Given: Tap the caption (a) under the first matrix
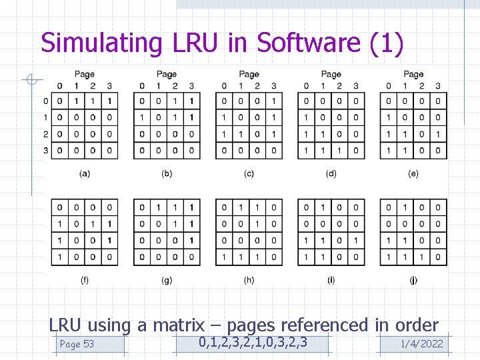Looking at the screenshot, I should coord(85,174).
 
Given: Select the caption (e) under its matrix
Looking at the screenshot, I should coord(413,174).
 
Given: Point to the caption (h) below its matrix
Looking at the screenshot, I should coord(249,281).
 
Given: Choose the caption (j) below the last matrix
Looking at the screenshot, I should coord(413,281).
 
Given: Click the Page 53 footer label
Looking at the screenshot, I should coord(77,344).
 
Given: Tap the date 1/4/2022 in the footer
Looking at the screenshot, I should coord(421,344).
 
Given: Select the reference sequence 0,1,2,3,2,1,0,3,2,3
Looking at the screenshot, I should coord(254,343).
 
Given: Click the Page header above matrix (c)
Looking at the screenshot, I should coord(249,74).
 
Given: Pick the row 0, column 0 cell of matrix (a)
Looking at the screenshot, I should coord(60,101).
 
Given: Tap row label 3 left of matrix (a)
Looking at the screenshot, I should coord(46,151).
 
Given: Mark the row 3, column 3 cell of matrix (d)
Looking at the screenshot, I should coord(355,151).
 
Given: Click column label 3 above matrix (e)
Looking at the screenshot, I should coord(438,85).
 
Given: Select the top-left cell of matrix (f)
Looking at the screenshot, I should coord(60,207).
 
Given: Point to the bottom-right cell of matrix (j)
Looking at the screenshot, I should coord(438,257).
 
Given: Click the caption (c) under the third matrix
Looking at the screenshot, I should coord(249,174).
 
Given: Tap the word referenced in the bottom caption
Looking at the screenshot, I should coord(324,325).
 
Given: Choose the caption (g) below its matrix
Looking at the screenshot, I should coord(167,281).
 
